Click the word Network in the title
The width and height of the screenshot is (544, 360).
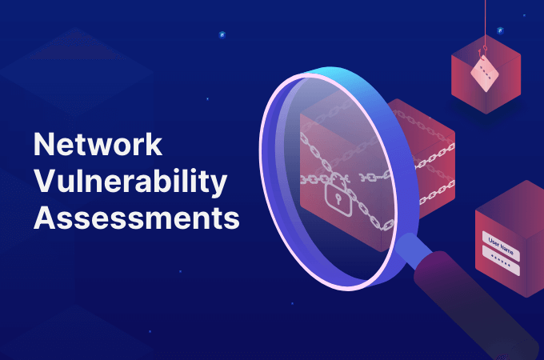(98, 144)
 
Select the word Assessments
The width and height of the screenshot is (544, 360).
(137, 218)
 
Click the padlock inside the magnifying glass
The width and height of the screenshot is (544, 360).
(338, 195)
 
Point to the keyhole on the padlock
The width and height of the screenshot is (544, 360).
(338, 198)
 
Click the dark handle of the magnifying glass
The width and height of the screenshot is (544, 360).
(475, 306)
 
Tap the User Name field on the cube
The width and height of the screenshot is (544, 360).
(501, 246)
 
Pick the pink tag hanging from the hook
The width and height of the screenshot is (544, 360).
(485, 74)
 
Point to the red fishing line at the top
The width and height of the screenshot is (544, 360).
(485, 23)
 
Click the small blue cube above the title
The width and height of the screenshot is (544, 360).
(222, 34)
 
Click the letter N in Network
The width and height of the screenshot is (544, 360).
(43, 144)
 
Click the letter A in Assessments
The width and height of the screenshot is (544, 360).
(45, 218)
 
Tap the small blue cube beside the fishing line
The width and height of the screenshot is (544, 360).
(500, 30)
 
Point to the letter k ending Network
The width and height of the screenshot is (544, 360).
(154, 144)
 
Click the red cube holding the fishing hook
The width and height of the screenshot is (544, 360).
(486, 74)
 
